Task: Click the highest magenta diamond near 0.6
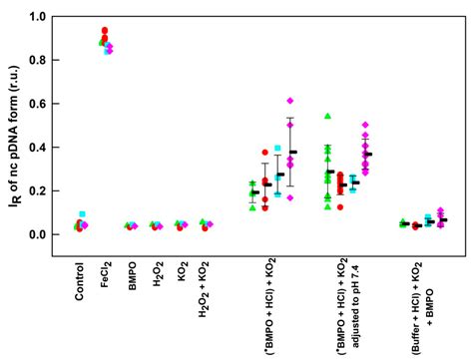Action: coord(290,101)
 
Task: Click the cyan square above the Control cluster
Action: coord(83,214)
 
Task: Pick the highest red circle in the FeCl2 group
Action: coord(105,31)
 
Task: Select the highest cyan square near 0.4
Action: coord(276,149)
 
